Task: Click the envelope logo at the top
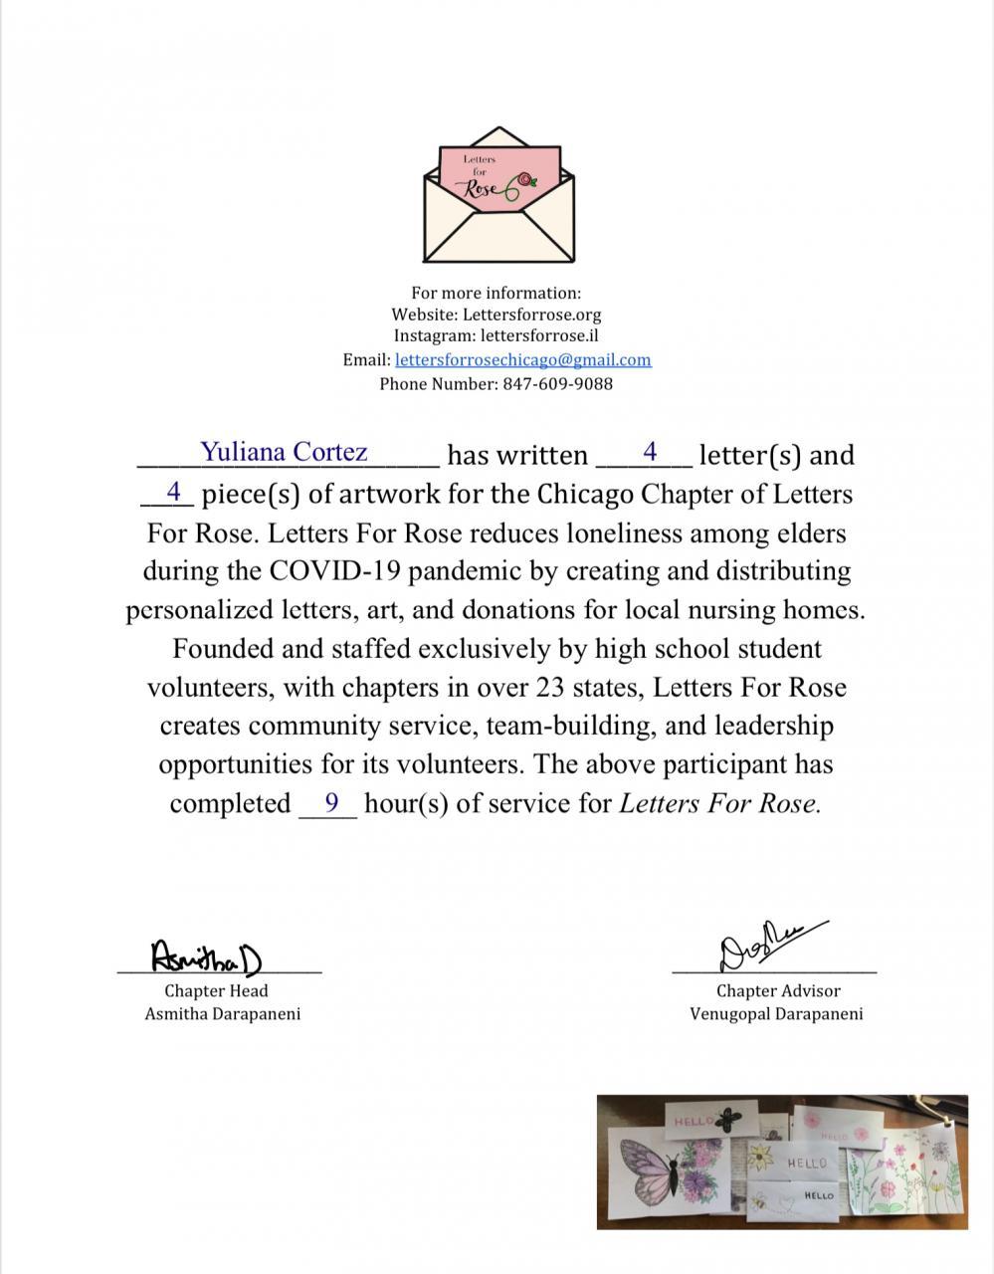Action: pyautogui.click(x=498, y=196)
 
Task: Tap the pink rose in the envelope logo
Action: pyautogui.click(x=524, y=179)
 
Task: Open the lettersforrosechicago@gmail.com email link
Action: pyautogui.click(x=522, y=360)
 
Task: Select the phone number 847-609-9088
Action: pyautogui.click(x=557, y=383)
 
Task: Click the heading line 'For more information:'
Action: pyautogui.click(x=496, y=293)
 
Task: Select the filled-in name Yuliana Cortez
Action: pyautogui.click(x=284, y=452)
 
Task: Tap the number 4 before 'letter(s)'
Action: pyautogui.click(x=650, y=452)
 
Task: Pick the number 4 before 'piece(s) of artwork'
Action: pyautogui.click(x=174, y=491)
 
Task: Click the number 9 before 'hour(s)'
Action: pyautogui.click(x=331, y=801)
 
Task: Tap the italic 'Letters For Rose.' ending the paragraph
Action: pyautogui.click(x=720, y=803)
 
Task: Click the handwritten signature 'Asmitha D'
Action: pyautogui.click(x=206, y=956)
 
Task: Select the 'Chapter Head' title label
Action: pyautogui.click(x=216, y=991)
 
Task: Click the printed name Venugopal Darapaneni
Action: pyautogui.click(x=776, y=1014)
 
